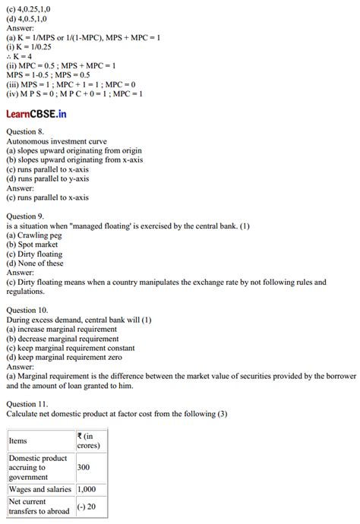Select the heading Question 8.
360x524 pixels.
(27, 132)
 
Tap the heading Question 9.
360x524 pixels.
(27, 216)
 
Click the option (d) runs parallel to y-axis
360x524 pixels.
(47, 178)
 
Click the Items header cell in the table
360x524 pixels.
(18, 440)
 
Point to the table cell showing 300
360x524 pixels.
(84, 468)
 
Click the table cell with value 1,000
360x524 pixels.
(87, 490)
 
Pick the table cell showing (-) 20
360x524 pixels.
(87, 507)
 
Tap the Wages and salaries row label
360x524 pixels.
(39, 490)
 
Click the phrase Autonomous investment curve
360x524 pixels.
(57, 141)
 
